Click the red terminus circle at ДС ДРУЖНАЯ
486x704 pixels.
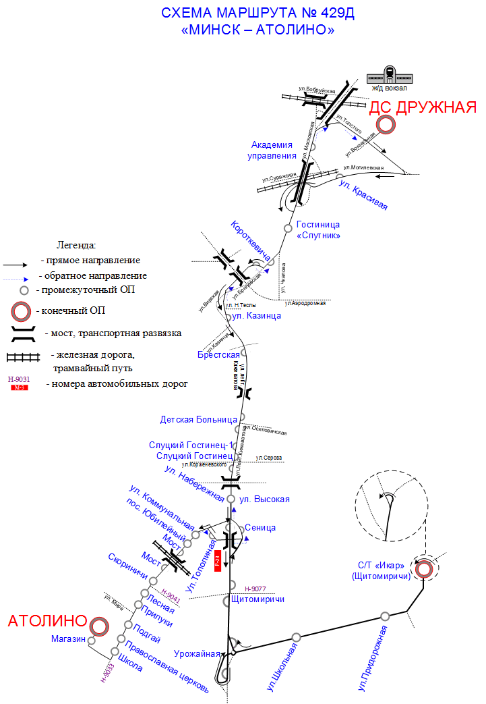386,124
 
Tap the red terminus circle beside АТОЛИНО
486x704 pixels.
100,626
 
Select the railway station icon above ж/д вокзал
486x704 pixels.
389,74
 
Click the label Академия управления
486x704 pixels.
274,150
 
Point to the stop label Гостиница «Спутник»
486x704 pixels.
318,229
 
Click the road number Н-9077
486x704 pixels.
255,589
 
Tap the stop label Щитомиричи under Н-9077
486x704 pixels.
257,599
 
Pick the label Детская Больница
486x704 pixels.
199,419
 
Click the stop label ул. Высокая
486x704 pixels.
265,499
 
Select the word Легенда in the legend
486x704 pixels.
76,244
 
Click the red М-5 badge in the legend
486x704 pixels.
19,387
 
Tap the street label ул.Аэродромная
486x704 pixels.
305,304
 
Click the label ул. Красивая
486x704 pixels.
363,195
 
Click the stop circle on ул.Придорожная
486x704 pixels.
385,616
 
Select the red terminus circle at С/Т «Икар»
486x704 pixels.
424,568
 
